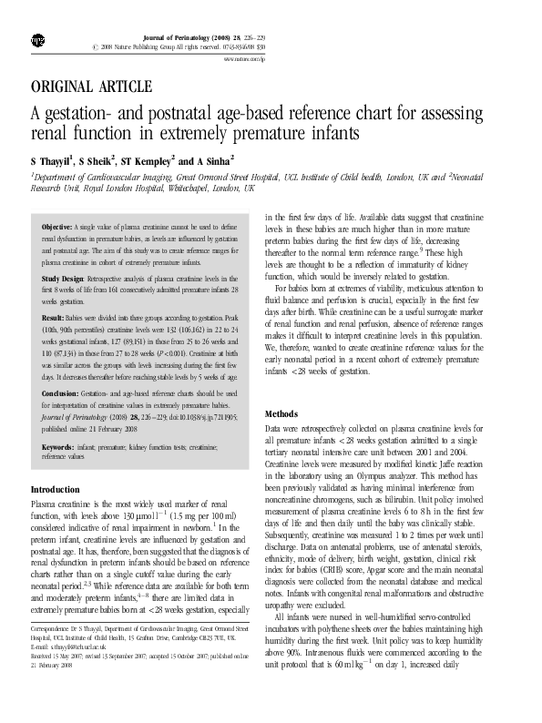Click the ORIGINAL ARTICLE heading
[x=91, y=87]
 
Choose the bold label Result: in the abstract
[x=54, y=317]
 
